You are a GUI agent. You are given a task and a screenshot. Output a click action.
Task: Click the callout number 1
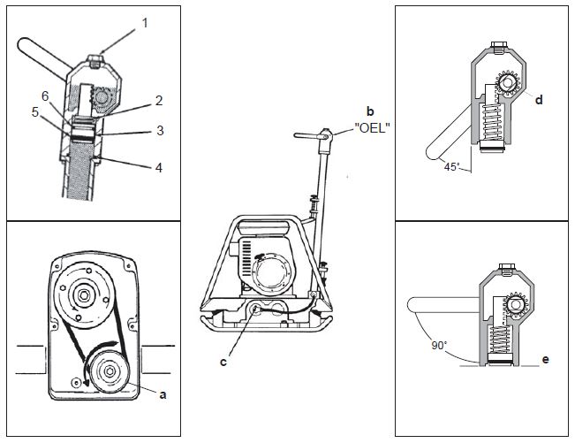click(x=145, y=23)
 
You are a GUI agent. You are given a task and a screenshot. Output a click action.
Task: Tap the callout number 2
click(x=159, y=101)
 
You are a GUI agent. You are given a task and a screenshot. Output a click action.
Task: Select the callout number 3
click(x=160, y=130)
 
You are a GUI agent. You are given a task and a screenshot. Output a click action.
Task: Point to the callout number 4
click(x=159, y=167)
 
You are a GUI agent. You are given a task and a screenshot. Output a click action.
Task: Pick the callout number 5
click(x=35, y=112)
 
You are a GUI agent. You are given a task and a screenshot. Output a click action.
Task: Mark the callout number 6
click(x=45, y=96)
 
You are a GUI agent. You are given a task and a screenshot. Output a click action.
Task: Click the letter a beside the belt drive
click(x=163, y=395)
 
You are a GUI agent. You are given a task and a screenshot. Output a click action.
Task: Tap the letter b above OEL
click(x=370, y=111)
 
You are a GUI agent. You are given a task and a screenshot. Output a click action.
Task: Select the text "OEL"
click(x=372, y=128)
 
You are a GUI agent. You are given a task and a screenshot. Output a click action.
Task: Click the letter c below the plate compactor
click(x=223, y=362)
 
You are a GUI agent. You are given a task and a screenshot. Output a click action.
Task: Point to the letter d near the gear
click(x=539, y=99)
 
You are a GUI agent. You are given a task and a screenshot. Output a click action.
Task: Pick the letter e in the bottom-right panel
click(x=545, y=359)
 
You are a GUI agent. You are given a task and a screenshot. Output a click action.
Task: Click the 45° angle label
click(x=452, y=166)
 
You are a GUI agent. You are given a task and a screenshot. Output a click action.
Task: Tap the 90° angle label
click(x=439, y=346)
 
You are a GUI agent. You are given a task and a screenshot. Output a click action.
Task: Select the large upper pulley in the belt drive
click(x=83, y=294)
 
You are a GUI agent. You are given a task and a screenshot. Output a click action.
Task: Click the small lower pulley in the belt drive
click(x=110, y=371)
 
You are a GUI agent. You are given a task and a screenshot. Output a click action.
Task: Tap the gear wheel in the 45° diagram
click(x=508, y=83)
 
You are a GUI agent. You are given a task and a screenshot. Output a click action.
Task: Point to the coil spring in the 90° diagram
click(x=500, y=340)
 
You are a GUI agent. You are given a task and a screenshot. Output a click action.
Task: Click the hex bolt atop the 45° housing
click(x=498, y=48)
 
